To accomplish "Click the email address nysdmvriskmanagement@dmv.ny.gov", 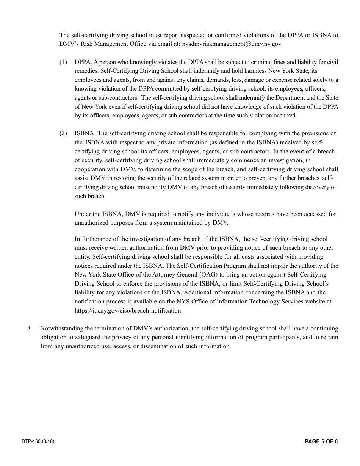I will click(232, 44).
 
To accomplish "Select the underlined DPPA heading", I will click(82, 62).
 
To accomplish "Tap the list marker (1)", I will click(63, 62).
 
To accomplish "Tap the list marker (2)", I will click(63, 133).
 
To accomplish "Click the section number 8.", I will click(30, 328).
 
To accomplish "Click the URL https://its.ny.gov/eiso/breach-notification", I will click(128, 311).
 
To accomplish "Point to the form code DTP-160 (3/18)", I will click(38, 441).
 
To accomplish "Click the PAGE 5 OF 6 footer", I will click(321, 441).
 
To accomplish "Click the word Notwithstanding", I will click(60, 328).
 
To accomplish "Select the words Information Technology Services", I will click(245, 302).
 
